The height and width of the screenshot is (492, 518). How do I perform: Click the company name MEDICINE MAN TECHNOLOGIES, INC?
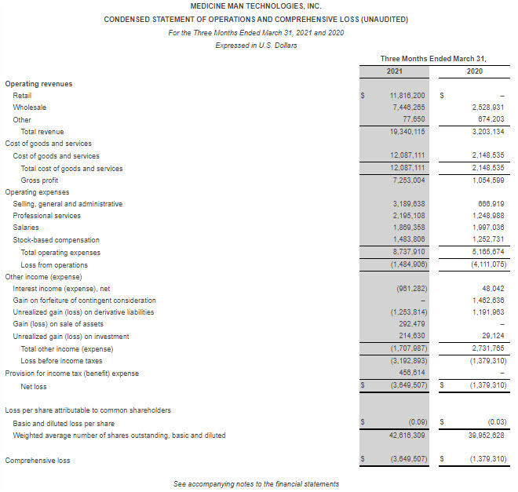point(256,5)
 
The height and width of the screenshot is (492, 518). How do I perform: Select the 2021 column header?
point(394,71)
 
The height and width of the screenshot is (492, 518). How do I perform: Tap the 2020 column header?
point(475,71)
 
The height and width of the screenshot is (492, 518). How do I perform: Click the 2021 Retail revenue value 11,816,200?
point(407,95)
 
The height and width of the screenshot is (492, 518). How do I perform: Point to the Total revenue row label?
point(42,132)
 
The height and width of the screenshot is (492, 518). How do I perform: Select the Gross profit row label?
point(39,180)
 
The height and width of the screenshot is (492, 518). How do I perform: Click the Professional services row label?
point(46,216)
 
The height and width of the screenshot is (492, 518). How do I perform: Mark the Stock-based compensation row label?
point(56,240)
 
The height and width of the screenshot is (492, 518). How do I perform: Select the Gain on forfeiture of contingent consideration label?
point(84,301)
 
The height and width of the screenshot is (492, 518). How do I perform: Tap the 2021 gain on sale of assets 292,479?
point(411,324)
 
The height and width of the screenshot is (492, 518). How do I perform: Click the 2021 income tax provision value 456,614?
point(411,373)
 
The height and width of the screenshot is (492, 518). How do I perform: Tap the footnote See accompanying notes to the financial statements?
point(256,483)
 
